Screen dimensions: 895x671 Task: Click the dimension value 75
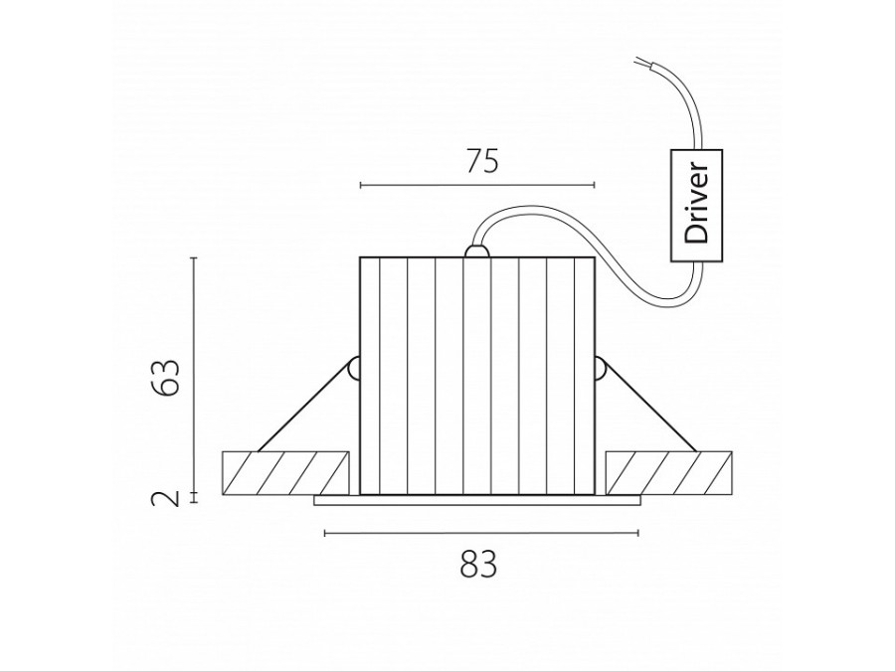tap(482, 161)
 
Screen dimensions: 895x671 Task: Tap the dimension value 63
tap(167, 377)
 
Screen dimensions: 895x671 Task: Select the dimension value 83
tap(478, 565)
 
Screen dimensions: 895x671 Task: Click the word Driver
tap(696, 204)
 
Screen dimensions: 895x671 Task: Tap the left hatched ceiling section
tap(284, 473)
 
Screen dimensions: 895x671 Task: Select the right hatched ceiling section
tap(669, 473)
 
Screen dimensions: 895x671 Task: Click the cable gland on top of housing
tap(477, 252)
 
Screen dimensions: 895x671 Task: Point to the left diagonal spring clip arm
tap(303, 408)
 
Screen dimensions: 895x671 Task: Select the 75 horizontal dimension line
tap(477, 185)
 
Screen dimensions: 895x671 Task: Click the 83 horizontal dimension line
tap(481, 533)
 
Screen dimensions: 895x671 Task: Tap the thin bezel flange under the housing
tap(477, 500)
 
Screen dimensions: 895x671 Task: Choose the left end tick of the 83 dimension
tap(325, 533)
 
